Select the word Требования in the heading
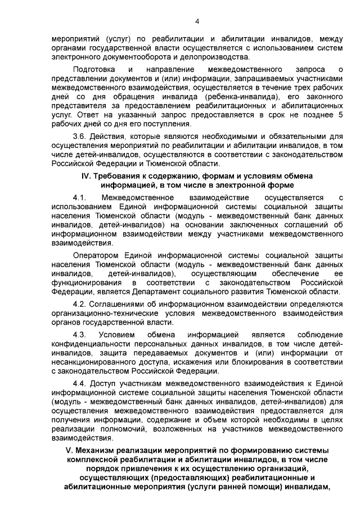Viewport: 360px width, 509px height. pyautogui.click(x=121, y=176)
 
